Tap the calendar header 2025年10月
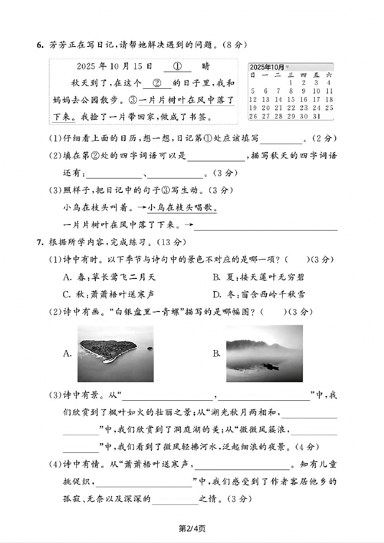coord(267,67)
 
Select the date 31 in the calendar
coord(317,116)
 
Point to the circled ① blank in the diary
coord(177,66)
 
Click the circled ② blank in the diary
coord(157,84)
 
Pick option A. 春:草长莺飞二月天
coord(109,277)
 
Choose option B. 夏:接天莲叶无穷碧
coord(258,277)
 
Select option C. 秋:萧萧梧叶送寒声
coord(109,294)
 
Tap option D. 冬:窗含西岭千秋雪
coord(258,294)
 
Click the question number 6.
coord(40,45)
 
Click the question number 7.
coord(40,242)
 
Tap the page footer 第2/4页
coord(192,528)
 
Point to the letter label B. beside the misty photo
coord(216,354)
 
